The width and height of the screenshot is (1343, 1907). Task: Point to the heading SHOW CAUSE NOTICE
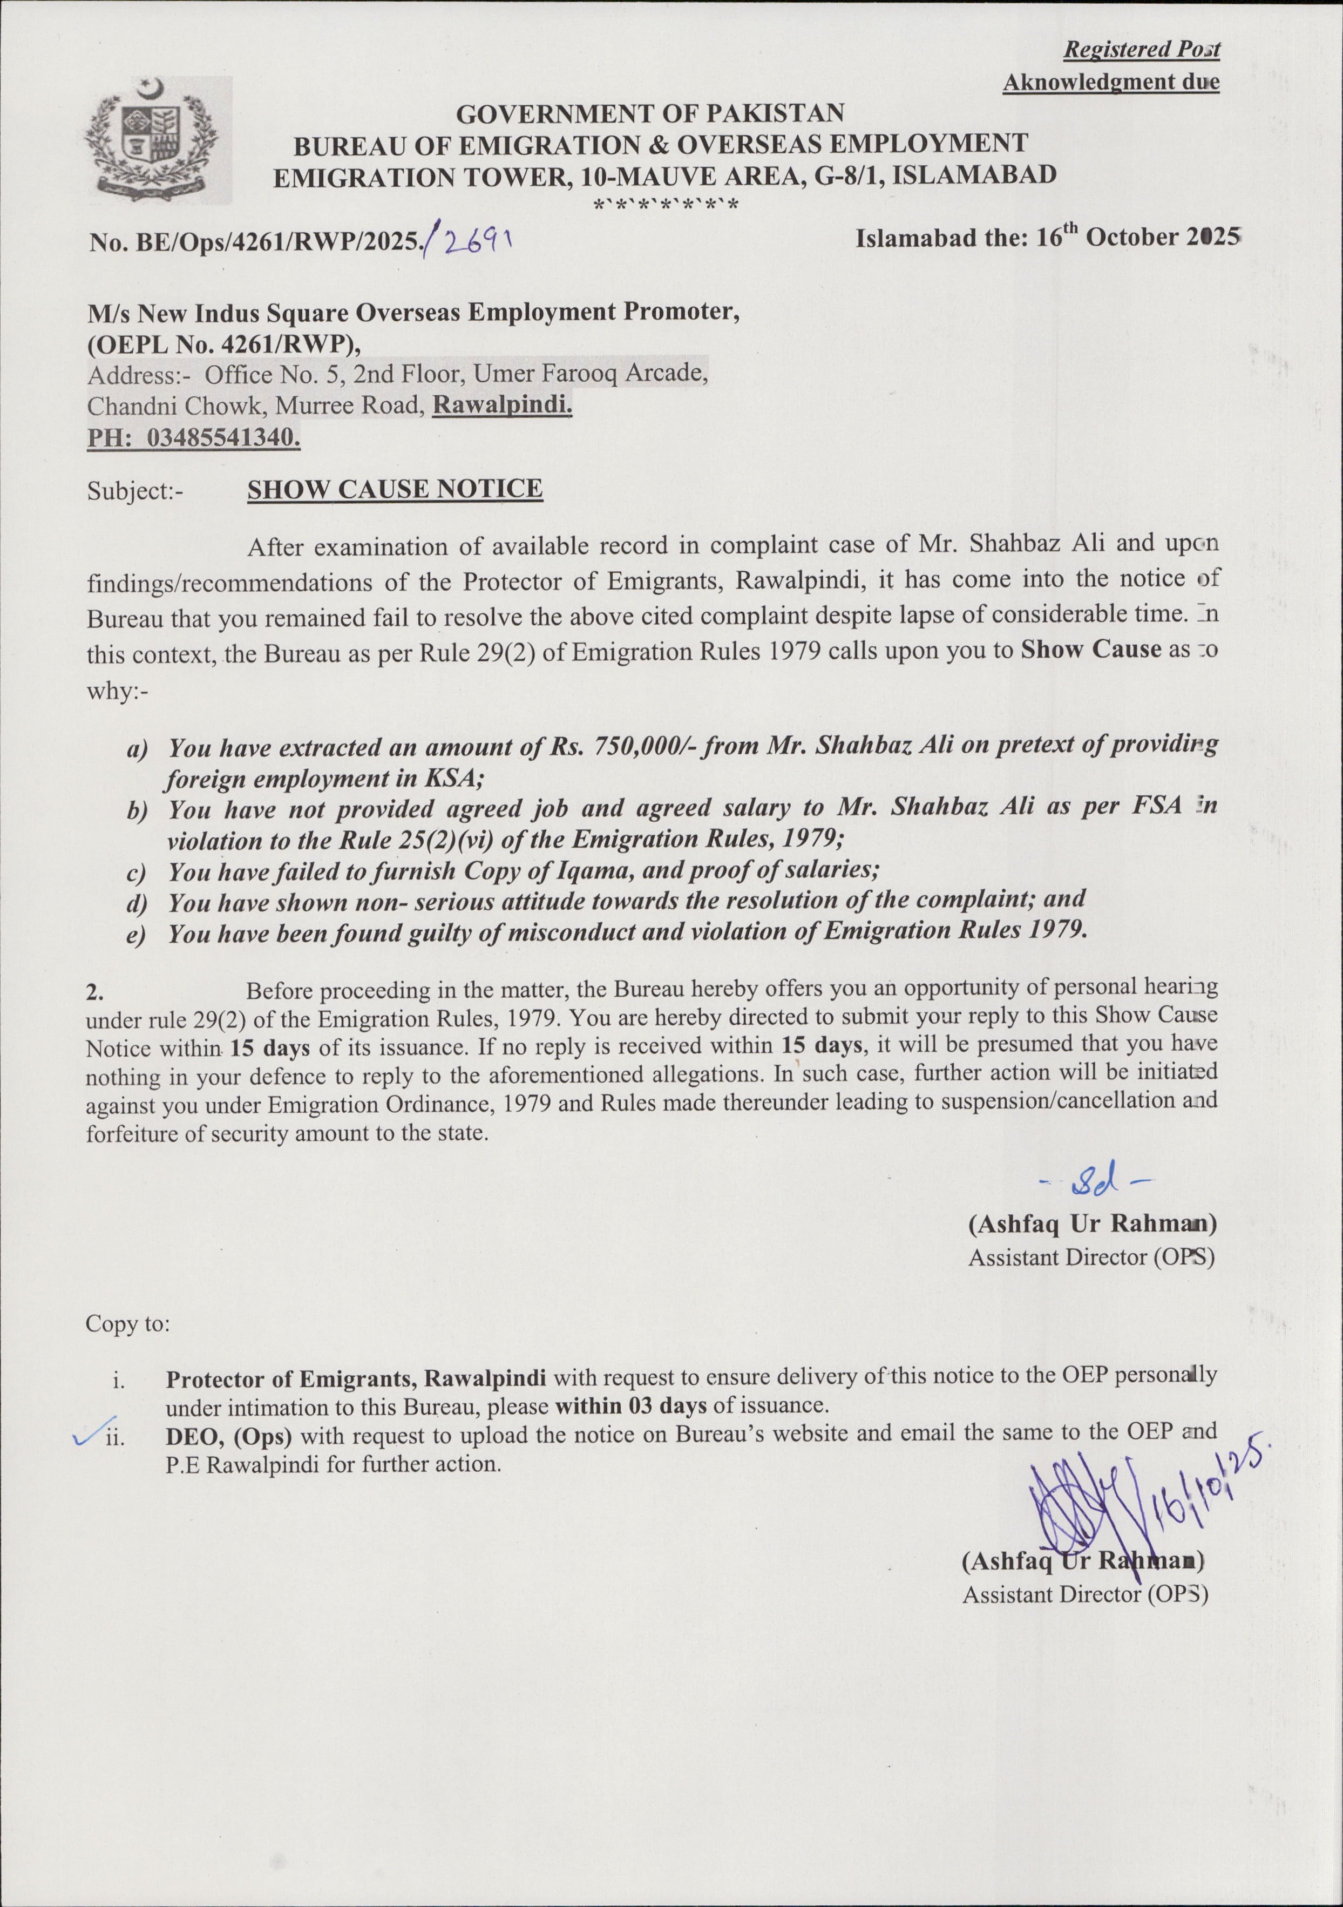(x=395, y=489)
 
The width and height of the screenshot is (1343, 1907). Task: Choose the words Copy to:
(x=128, y=1323)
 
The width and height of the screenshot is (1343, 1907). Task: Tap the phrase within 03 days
(x=630, y=1405)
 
